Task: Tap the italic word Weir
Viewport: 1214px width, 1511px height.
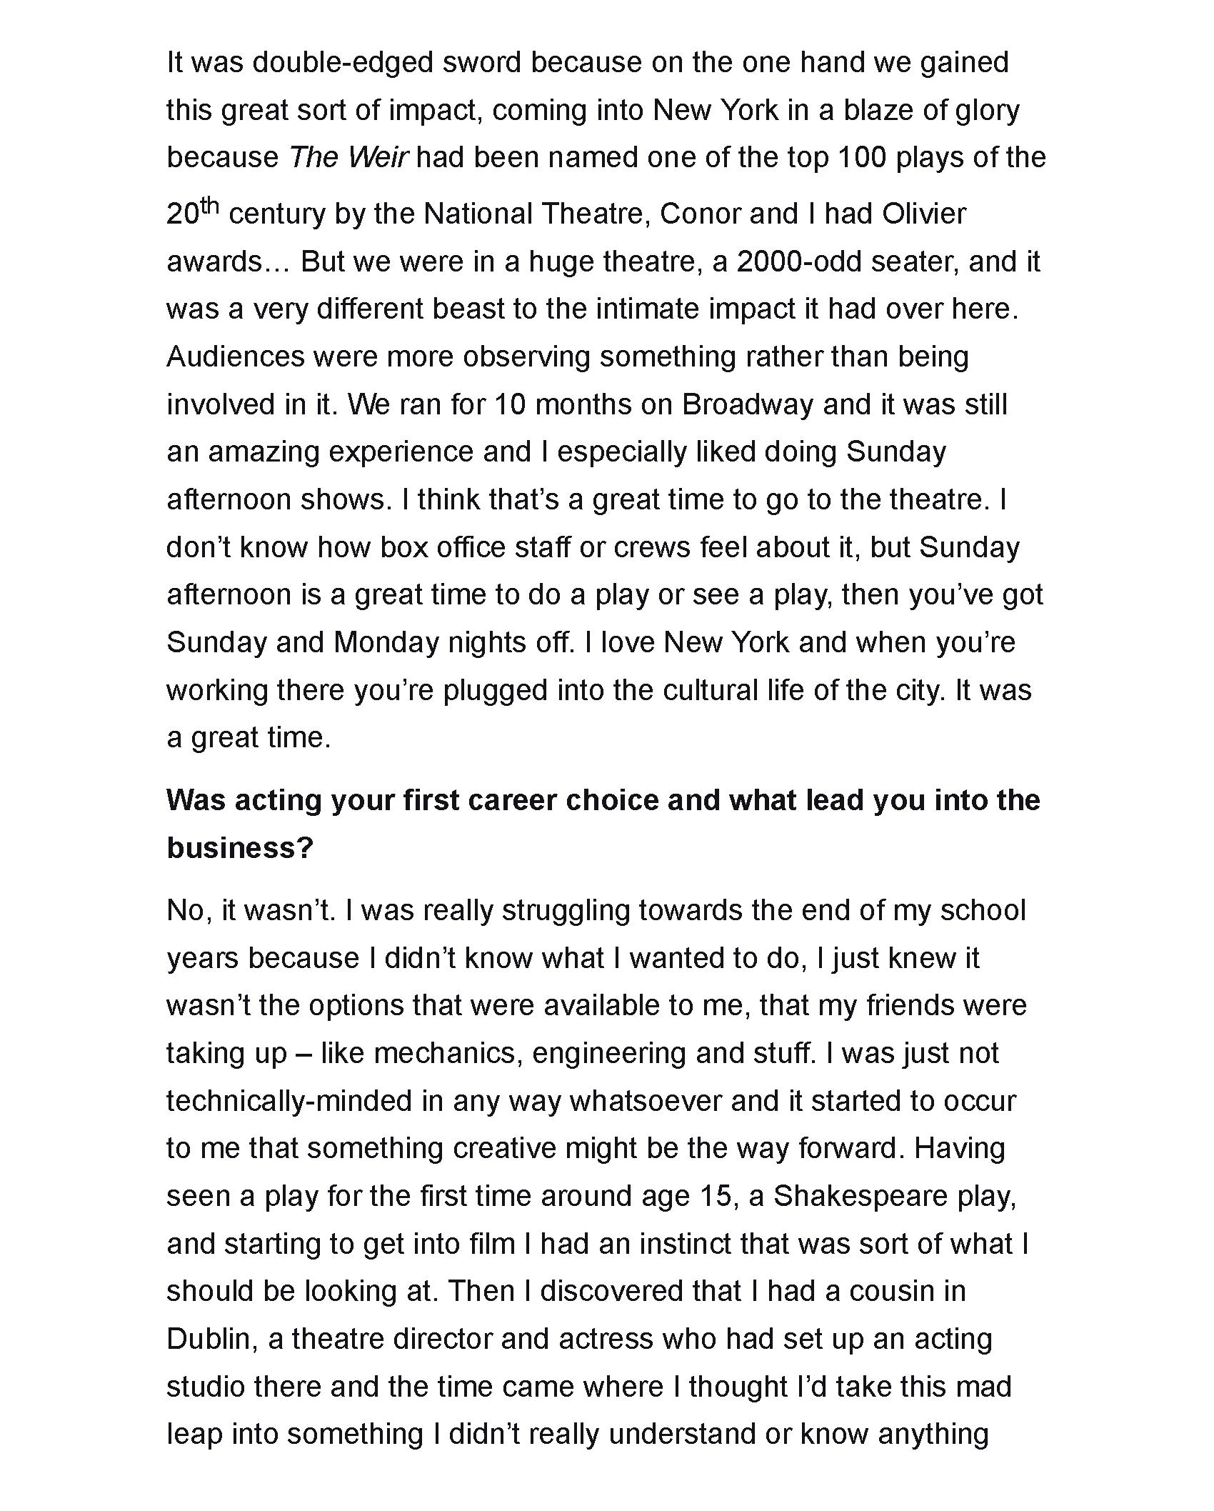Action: [x=378, y=157]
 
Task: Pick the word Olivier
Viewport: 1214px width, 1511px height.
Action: [x=923, y=214]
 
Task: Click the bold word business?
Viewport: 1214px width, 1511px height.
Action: [x=240, y=848]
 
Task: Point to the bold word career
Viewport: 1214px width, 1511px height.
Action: [x=512, y=800]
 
